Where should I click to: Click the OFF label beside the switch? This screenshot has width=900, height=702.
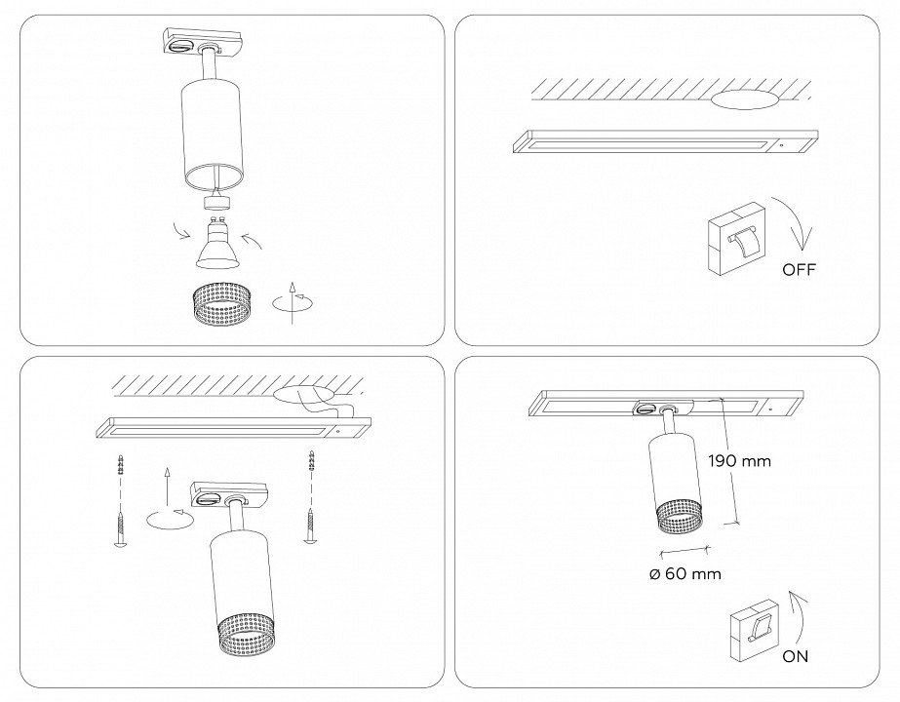[798, 270]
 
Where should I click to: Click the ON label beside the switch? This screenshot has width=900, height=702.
[795, 656]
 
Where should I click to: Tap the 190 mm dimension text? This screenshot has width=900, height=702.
[739, 461]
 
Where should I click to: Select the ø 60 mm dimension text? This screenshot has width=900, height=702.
[685, 574]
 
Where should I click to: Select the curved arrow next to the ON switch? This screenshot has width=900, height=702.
[798, 613]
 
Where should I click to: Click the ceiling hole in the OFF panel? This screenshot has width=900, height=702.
[745, 99]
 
